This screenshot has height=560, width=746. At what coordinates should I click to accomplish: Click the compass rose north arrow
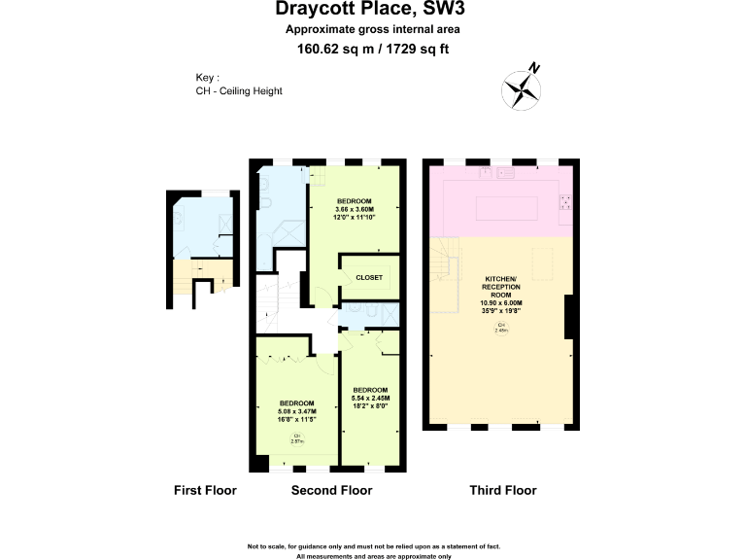(x=522, y=89)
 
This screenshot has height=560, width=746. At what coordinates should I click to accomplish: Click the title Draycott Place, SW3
(x=372, y=11)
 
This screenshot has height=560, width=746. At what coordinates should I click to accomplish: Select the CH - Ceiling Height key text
(x=239, y=90)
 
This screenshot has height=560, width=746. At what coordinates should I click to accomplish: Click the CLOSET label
(x=369, y=277)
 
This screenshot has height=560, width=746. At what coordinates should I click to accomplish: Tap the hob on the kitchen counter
(x=564, y=201)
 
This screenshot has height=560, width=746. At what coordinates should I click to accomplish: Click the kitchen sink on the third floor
(x=503, y=173)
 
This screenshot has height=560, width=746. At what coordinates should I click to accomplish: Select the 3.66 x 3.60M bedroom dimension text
(x=354, y=209)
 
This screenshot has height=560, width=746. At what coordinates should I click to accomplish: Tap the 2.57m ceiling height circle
(x=296, y=438)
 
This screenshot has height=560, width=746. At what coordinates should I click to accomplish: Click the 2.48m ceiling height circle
(x=501, y=327)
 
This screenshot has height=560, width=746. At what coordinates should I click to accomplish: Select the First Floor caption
(x=205, y=490)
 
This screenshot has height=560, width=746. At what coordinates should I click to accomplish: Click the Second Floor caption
(x=331, y=490)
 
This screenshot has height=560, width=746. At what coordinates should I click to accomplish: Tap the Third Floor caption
(x=503, y=490)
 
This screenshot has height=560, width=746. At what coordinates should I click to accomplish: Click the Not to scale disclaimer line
(x=373, y=546)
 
